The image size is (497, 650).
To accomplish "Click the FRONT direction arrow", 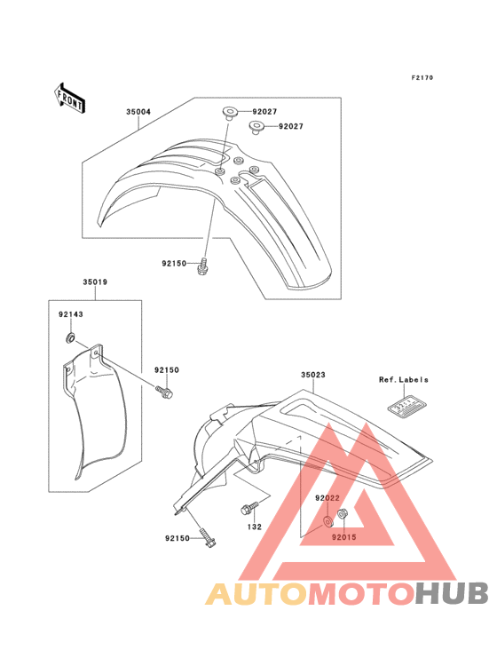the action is [x=69, y=98].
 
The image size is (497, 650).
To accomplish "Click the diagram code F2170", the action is [x=422, y=77].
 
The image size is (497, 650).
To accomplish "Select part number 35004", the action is [x=138, y=112].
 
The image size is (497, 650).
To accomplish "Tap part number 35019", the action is [x=95, y=281].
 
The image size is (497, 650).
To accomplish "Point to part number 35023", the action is [x=313, y=375].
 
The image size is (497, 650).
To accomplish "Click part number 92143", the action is [x=70, y=314].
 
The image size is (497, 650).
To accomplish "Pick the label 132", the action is [x=255, y=527].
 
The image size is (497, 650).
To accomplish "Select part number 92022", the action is [x=327, y=498].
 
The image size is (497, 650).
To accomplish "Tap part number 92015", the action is [x=343, y=537].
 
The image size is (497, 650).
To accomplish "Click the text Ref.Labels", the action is [x=404, y=380].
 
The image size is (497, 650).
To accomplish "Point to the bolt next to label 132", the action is [x=249, y=508].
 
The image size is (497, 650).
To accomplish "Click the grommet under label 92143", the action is [x=71, y=337].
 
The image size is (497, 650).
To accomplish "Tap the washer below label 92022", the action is [x=327, y=521].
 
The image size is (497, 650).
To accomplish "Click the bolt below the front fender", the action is [x=202, y=266].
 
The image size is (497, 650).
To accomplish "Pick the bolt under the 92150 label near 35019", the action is [x=164, y=392].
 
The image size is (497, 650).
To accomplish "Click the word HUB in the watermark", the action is [x=452, y=593].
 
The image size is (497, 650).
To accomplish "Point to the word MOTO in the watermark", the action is [x=361, y=593].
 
